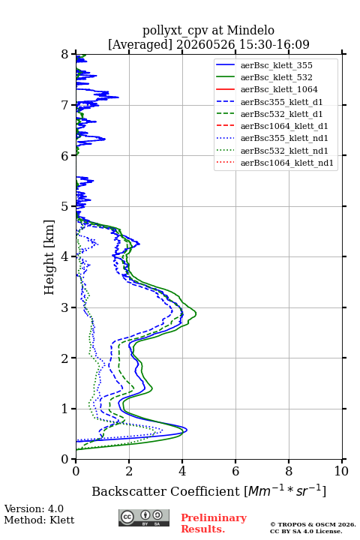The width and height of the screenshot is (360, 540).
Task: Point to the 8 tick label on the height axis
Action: click(x=65, y=55)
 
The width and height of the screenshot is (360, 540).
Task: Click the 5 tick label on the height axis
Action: click(x=65, y=206)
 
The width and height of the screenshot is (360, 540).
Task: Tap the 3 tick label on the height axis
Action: click(x=65, y=307)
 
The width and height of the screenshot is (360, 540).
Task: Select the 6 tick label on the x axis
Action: click(x=235, y=471)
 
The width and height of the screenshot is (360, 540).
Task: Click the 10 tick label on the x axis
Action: click(x=341, y=471)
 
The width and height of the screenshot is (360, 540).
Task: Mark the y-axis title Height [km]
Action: click(x=49, y=257)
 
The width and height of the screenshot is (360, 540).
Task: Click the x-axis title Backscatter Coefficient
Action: click(x=165, y=491)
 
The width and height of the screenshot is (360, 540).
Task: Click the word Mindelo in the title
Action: click(x=250, y=30)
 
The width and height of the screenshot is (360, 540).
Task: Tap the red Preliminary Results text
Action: click(x=214, y=523)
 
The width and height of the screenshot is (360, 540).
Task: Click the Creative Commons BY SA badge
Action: click(x=144, y=517)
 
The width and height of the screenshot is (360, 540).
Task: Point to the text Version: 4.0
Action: click(x=34, y=508)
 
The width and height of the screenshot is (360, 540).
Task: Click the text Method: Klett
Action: click(x=39, y=520)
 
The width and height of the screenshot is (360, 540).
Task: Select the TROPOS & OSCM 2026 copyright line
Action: click(x=313, y=524)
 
